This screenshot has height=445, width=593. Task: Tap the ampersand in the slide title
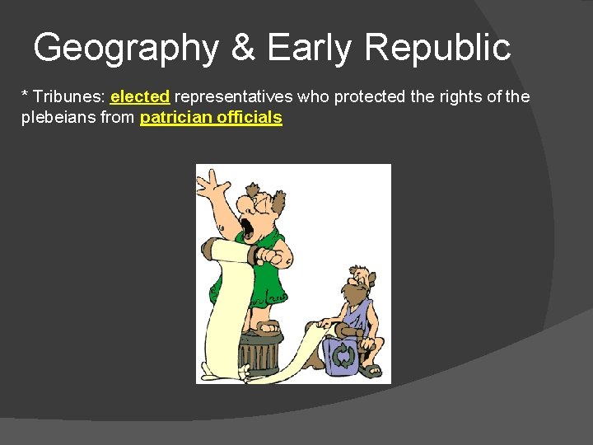click(243, 48)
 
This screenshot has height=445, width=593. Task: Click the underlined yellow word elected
click(139, 97)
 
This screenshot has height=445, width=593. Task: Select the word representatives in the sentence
click(233, 97)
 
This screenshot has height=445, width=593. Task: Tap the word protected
click(371, 97)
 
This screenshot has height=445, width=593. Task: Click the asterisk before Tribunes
click(24, 96)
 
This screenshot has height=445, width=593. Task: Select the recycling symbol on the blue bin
click(343, 355)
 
